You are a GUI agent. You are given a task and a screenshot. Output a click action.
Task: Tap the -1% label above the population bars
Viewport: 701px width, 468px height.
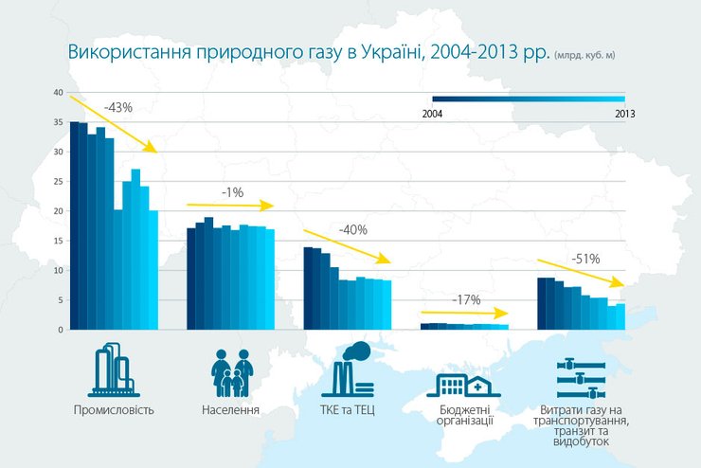coord(232,192)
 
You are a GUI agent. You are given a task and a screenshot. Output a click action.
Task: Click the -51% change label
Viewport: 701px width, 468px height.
coord(586,258)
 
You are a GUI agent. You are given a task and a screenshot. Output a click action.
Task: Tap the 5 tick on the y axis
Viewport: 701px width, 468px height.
coord(60,300)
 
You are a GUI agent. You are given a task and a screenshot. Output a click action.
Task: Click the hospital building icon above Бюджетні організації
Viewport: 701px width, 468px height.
coord(465,383)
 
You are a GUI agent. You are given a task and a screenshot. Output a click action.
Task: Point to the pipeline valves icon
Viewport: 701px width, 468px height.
coord(582,380)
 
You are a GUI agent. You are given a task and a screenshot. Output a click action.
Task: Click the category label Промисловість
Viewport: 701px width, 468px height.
coord(114,410)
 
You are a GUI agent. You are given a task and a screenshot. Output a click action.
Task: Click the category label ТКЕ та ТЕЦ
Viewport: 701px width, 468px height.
coord(349,410)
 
